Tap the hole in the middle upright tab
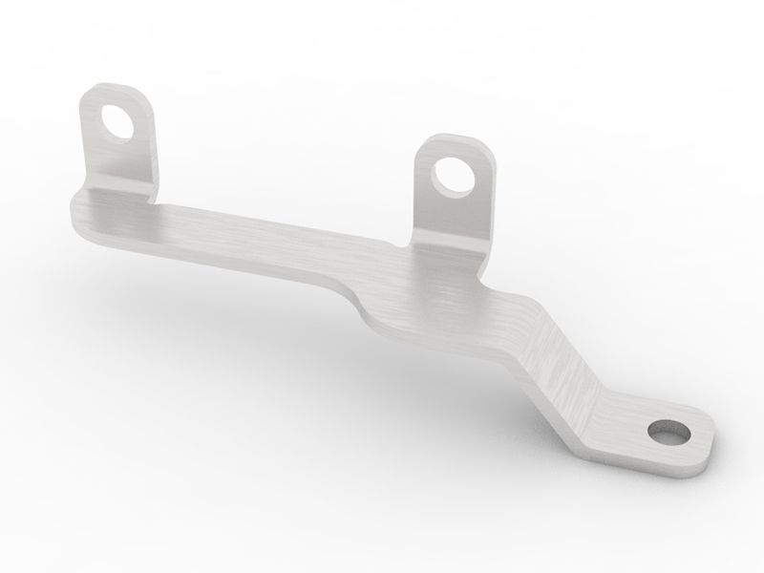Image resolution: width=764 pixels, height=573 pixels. (x=449, y=173)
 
